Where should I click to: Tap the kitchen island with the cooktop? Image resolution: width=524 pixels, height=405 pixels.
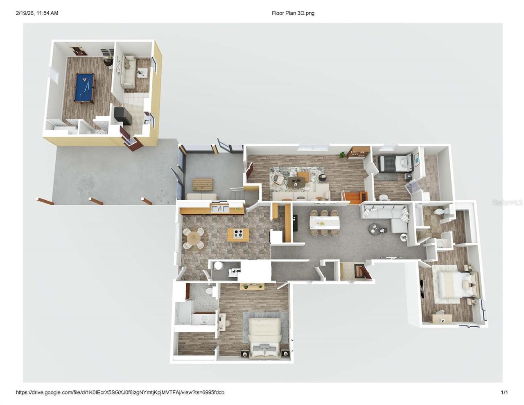[x=238, y=235]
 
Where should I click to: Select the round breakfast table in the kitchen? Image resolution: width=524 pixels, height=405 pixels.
[x=193, y=238]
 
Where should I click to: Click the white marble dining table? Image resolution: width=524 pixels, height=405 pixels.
[x=324, y=223]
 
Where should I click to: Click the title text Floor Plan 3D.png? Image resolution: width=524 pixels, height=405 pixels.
[x=293, y=13]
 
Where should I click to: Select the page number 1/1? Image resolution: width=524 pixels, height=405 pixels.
[x=504, y=392]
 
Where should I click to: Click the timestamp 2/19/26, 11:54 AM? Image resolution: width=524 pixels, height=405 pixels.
[x=37, y=13]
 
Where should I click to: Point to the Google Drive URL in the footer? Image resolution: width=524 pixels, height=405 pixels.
[x=120, y=392]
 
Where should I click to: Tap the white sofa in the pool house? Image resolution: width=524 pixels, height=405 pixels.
[x=128, y=72]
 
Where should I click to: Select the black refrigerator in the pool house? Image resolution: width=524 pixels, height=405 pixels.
[x=123, y=116]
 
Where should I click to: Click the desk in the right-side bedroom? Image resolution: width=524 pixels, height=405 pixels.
[x=442, y=318]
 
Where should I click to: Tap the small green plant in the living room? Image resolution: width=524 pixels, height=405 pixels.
[x=342, y=154]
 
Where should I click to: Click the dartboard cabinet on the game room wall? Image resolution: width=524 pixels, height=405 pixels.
[x=77, y=51]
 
